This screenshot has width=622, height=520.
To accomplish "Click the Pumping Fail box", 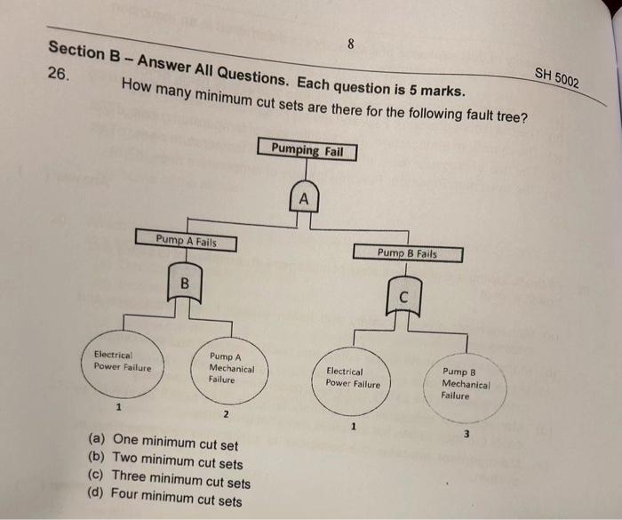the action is (x=307, y=150).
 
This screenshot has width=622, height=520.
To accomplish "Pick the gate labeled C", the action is (x=403, y=295).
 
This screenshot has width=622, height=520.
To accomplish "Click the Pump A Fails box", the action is (x=186, y=241).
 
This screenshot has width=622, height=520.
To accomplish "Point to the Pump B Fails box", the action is (x=407, y=253).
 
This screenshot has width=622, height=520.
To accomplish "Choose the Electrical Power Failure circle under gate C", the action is (x=352, y=379).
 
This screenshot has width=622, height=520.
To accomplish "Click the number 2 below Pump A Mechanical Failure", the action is (x=226, y=415).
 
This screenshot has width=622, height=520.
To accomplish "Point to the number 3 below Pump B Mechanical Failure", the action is (x=464, y=433).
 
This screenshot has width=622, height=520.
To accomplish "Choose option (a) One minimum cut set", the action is (x=162, y=442).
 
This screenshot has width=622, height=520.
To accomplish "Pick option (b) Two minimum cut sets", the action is (x=165, y=462).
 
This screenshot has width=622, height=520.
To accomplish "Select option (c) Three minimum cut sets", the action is (x=169, y=482).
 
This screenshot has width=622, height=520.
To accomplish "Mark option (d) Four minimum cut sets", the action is (x=165, y=500).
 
